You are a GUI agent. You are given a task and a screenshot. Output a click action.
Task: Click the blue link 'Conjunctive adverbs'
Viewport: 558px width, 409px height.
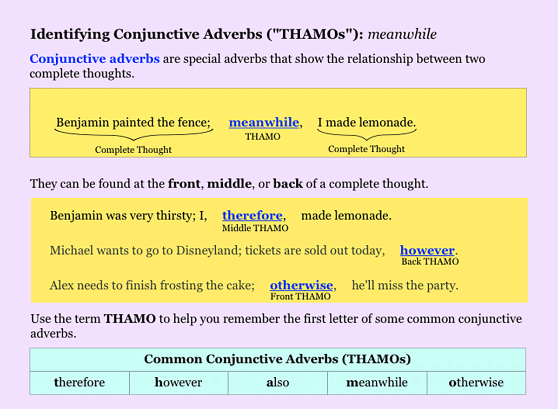[95, 59]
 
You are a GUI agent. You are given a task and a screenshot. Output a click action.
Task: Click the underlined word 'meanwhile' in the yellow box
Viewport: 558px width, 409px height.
[264, 123]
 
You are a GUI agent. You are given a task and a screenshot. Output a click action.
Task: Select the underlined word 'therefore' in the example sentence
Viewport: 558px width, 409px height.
[252, 215]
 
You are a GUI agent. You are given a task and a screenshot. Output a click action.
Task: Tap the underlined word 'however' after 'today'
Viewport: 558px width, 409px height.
[427, 250]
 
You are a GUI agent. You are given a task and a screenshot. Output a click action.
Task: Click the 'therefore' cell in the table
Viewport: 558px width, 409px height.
[80, 383]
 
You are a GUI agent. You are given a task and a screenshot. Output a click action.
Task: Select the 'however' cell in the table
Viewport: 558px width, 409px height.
[179, 383]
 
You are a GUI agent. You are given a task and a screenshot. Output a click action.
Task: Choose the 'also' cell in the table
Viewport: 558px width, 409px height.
[278, 383]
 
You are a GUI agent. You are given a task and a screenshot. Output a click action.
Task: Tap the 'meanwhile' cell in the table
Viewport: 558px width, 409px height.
[377, 383]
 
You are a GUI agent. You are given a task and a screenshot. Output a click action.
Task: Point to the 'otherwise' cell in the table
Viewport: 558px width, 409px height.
[476, 383]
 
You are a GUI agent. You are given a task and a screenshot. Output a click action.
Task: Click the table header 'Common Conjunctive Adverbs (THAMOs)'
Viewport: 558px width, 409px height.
[278, 359]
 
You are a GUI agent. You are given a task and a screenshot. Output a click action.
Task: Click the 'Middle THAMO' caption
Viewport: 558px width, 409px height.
[255, 228]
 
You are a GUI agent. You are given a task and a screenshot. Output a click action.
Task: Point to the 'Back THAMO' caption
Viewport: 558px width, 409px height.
[430, 261]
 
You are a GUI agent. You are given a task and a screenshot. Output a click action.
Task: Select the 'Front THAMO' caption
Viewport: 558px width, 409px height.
[300, 296]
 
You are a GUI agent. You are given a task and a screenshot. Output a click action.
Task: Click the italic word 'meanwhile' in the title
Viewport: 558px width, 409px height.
[402, 34]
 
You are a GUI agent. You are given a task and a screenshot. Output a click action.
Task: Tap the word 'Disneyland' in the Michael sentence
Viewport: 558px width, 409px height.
[206, 251]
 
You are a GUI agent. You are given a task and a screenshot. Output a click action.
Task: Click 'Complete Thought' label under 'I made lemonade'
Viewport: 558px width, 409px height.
[366, 149]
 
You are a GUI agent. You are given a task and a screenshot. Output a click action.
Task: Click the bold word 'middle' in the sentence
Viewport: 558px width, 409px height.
[229, 183]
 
